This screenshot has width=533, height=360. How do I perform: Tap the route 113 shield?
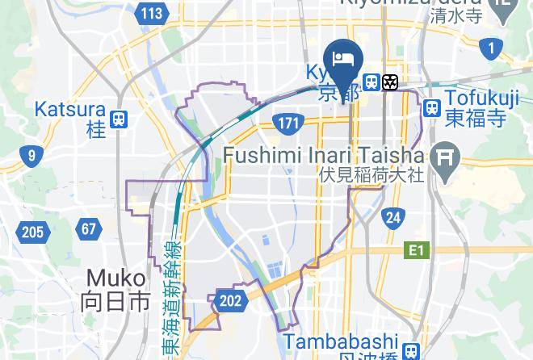point(151,14)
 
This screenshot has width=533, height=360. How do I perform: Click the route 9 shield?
point(31,156)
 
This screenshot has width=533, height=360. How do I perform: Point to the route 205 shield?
point(31,233)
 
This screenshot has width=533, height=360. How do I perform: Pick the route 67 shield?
point(89,229)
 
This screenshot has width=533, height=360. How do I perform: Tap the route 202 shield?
point(230,301)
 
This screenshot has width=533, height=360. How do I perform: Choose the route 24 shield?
point(393,217)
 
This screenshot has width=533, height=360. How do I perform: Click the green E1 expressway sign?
point(415,251)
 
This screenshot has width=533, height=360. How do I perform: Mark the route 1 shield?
point(490,48)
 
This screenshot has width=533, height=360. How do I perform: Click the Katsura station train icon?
point(120,119)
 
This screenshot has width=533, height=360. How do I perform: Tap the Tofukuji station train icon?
point(432,107)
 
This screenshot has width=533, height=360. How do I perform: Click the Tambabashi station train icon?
point(412,350)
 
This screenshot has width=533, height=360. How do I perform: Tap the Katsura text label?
point(70,108)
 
